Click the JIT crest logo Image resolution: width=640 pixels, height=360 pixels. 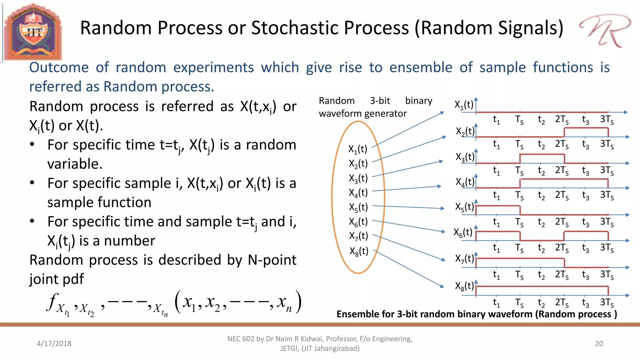(x=33, y=32)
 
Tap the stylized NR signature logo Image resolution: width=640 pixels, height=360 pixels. (x=605, y=31)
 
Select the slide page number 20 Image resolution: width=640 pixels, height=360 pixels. (x=599, y=343)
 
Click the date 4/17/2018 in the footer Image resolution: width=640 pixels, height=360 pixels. (x=54, y=343)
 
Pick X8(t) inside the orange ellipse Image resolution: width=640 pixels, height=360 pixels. (x=359, y=251)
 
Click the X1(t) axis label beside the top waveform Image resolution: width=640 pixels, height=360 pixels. (x=464, y=105)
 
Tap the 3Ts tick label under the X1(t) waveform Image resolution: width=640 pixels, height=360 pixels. (x=607, y=120)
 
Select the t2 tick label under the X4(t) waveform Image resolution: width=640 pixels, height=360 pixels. (x=541, y=195)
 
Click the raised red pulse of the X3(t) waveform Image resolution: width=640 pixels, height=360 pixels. (x=542, y=154)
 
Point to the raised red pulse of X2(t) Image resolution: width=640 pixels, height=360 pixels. (x=586, y=128)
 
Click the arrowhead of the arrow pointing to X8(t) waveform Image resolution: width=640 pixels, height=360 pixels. (x=442, y=286)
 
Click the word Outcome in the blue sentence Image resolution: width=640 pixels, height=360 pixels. (x=59, y=67)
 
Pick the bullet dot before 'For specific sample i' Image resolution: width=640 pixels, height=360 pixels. (x=32, y=182)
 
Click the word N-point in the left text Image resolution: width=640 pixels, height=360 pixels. (x=272, y=260)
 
